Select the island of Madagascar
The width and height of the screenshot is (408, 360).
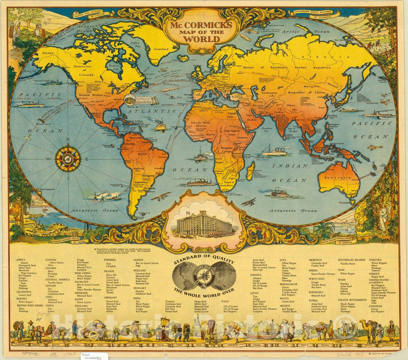point(251,169)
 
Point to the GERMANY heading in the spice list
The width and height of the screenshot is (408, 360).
point(110,298)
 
